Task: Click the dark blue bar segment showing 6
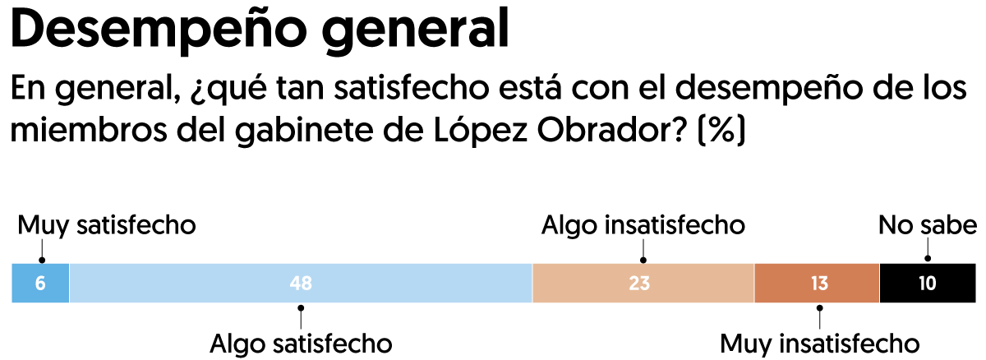pos(40,284)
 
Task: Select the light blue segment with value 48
pos(301,284)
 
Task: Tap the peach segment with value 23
pos(643,284)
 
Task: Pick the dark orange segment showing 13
pos(817,284)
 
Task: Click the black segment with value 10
pos(927,284)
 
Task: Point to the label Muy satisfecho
pos(107,225)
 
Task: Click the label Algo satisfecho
pos(301,343)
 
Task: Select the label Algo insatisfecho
pos(643,225)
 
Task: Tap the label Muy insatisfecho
pos(818,343)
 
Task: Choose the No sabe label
pos(927,225)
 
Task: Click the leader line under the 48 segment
pos(301,316)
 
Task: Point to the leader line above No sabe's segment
pos(927,252)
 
